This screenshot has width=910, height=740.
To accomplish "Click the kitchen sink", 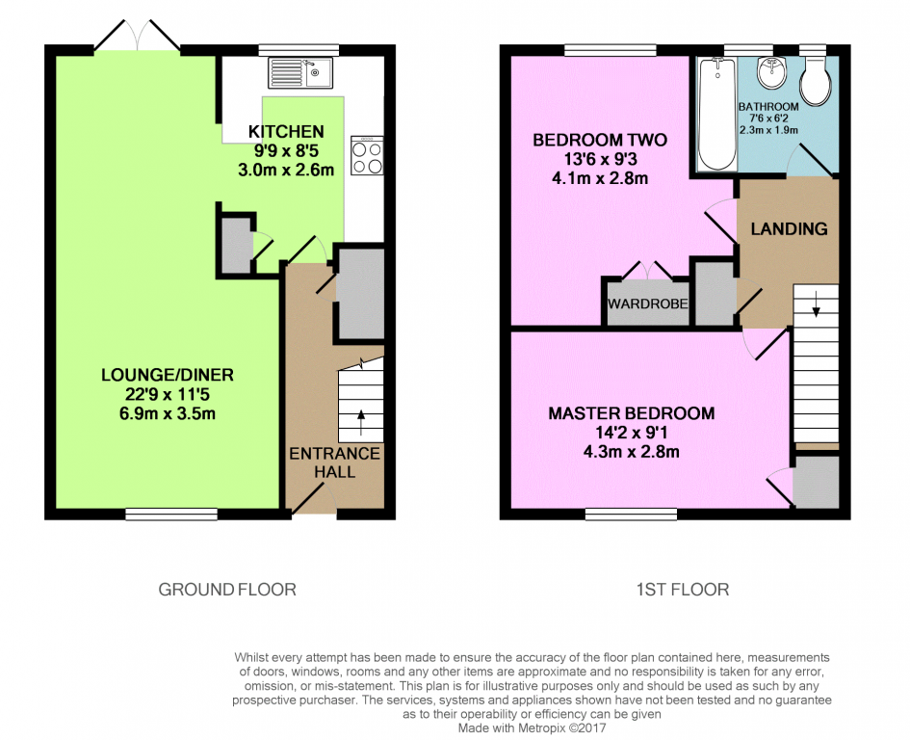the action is tap(300, 72).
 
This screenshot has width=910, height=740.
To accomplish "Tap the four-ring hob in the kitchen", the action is tap(367, 156).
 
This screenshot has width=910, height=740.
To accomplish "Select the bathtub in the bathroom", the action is tap(717, 115).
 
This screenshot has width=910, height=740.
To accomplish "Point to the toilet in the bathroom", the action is tap(816, 81).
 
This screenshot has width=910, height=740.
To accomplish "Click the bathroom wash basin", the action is tap(770, 73).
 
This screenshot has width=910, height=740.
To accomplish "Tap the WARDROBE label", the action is tap(648, 304).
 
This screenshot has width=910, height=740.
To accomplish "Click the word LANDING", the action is tap(789, 229).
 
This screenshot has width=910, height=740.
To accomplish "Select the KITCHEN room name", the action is tap(286, 132).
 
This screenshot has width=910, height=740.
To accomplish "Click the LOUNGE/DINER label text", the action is tap(168, 375).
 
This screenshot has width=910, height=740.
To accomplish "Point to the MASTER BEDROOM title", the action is tap(632, 413).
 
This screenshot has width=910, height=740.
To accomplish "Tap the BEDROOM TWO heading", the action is tap(600, 140).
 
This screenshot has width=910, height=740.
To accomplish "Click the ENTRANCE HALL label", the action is tap(335, 462).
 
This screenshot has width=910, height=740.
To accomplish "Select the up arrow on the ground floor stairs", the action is tap(361, 422).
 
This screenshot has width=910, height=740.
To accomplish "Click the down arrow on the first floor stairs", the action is tap(816, 304).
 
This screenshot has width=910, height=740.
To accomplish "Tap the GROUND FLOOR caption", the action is tap(227, 590).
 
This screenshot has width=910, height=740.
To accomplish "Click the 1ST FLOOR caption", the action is tap(683, 590).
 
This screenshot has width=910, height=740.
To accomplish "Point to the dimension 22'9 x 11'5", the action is tap(168, 394).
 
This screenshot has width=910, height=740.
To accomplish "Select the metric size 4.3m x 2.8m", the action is tap(632, 451).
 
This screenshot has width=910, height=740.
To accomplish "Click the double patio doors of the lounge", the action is tap(138, 36).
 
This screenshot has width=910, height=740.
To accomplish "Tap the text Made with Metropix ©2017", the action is tap(533, 727).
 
